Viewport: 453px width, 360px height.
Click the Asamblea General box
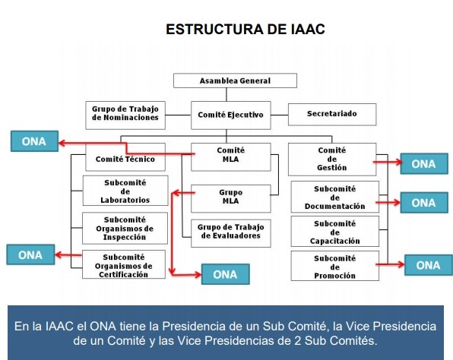(x=235, y=81)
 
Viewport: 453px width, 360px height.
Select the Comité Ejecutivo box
(x=231, y=115)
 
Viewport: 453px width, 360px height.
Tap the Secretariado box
(x=332, y=115)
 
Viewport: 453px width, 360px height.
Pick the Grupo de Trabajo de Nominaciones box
(x=125, y=115)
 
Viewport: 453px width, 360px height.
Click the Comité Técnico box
(x=125, y=157)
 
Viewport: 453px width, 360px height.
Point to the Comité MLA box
(x=231, y=157)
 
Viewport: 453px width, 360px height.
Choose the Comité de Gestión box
(x=332, y=159)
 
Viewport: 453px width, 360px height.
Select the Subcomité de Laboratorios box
(x=125, y=191)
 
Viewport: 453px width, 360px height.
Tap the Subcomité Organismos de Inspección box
(x=125, y=228)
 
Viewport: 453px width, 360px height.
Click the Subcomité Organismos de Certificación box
(x=124, y=264)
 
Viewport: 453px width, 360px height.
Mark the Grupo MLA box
(x=231, y=199)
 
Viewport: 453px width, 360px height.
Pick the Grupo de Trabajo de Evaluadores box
(x=231, y=233)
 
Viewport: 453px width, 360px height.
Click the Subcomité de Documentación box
(x=335, y=197)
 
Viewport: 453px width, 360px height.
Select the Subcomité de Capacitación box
(x=335, y=232)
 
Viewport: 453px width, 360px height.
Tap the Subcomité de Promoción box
(x=335, y=266)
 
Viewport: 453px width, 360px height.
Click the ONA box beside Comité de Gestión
(x=424, y=164)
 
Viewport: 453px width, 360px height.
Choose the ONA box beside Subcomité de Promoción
(x=429, y=265)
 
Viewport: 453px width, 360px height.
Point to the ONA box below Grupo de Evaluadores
(x=225, y=274)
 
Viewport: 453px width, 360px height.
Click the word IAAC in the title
(x=308, y=29)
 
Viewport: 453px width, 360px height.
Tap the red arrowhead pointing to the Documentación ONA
(x=397, y=203)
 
